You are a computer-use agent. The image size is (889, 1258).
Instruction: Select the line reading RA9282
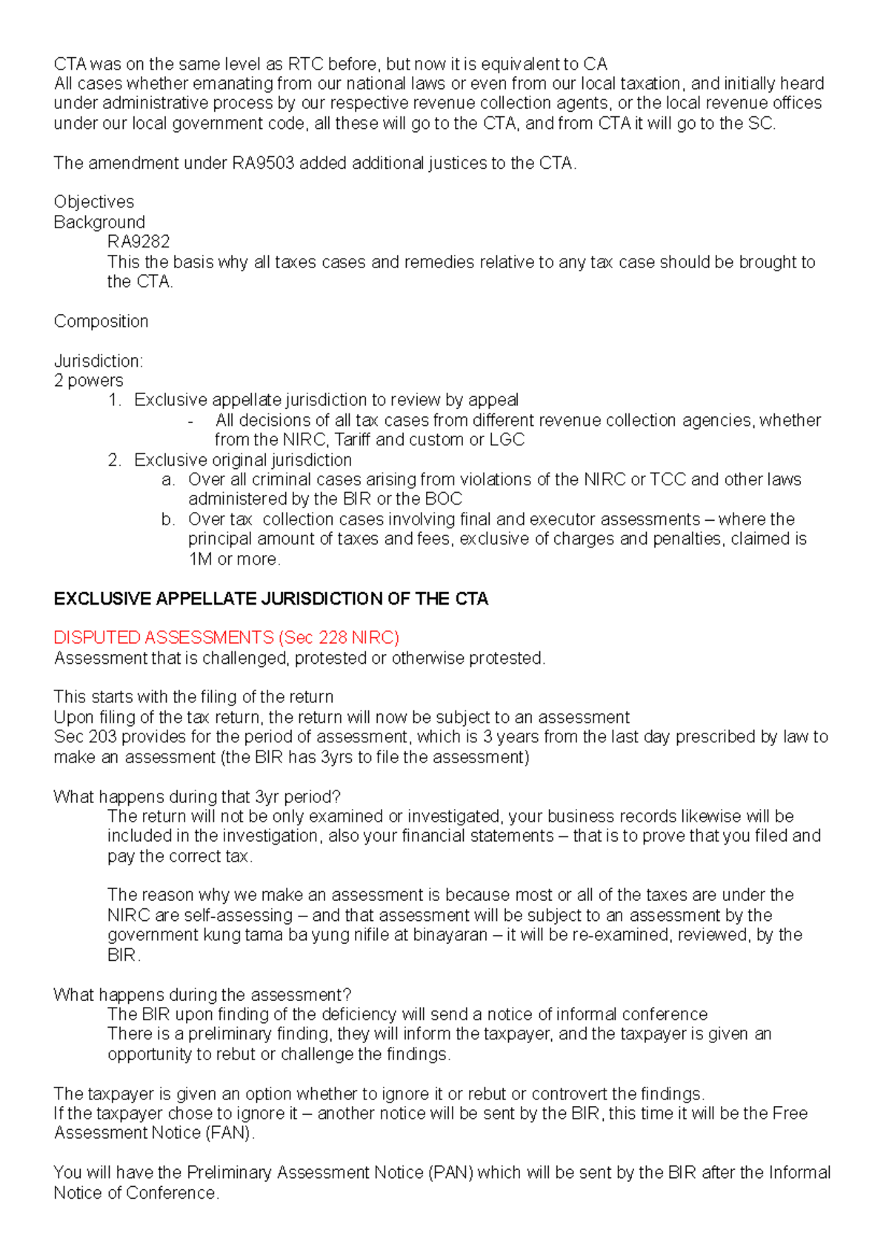tap(139, 242)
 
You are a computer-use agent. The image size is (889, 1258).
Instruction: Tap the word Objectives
tap(94, 202)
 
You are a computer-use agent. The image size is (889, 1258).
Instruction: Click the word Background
tap(99, 222)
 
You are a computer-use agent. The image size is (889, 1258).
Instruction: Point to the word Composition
tap(101, 321)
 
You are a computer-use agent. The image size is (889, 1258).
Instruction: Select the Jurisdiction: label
tap(99, 361)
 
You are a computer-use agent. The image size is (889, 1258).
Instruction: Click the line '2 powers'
tap(88, 380)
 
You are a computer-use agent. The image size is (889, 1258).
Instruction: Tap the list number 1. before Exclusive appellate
tap(114, 400)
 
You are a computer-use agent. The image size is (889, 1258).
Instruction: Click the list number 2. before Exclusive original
tap(114, 460)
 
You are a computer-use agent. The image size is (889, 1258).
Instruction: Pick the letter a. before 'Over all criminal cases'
tap(168, 479)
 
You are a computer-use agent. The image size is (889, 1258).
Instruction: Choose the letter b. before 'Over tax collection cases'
tap(168, 519)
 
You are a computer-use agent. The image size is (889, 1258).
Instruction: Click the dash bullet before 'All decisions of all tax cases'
tap(191, 421)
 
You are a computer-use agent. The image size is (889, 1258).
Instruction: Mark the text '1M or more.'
tap(235, 559)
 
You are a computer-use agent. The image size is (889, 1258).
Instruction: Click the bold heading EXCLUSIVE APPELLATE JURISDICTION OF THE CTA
tap(270, 599)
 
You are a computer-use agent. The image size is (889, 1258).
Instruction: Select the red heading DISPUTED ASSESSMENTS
tap(164, 637)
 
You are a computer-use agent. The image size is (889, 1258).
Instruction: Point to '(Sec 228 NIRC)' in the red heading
tap(339, 637)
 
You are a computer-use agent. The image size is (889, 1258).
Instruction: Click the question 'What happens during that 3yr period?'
tap(197, 796)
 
